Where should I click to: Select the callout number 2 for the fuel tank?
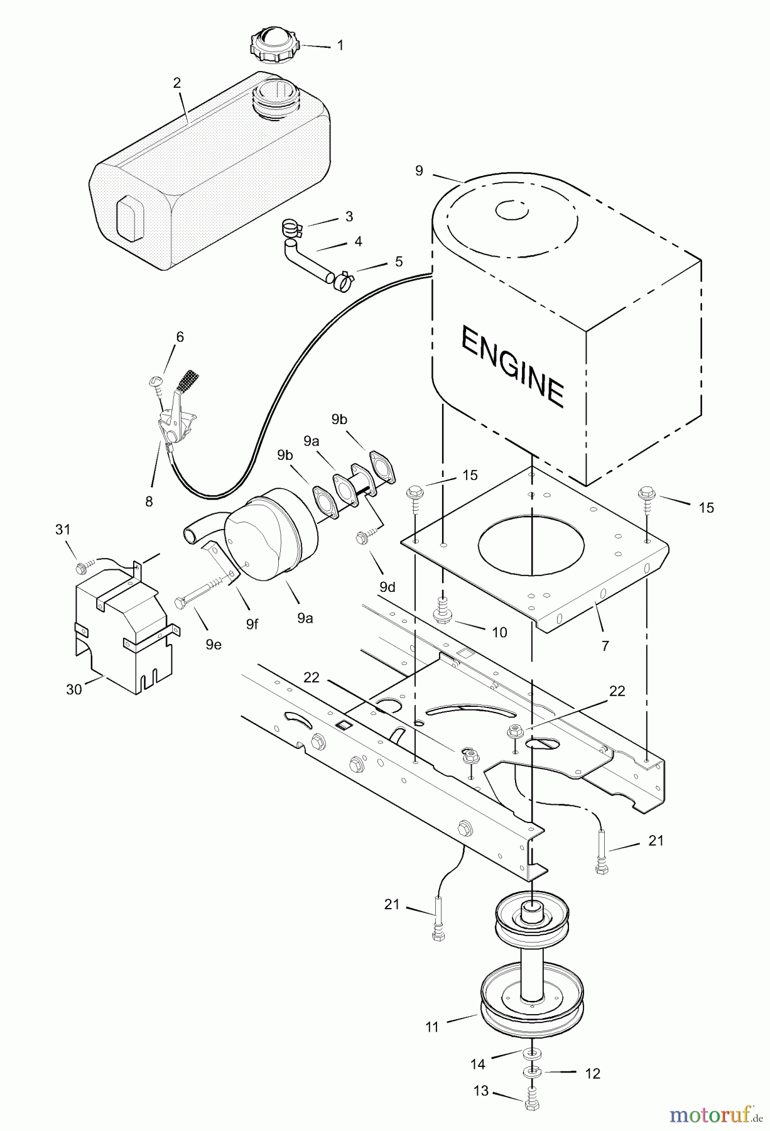[177, 83]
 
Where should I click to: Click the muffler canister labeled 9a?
[270, 534]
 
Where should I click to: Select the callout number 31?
[63, 530]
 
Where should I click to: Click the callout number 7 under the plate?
[605, 645]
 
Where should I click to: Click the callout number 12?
[592, 1073]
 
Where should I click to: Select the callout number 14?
[477, 1064]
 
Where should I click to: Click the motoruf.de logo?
[710, 1114]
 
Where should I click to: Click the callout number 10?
[499, 631]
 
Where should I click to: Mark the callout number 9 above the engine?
[420, 170]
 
